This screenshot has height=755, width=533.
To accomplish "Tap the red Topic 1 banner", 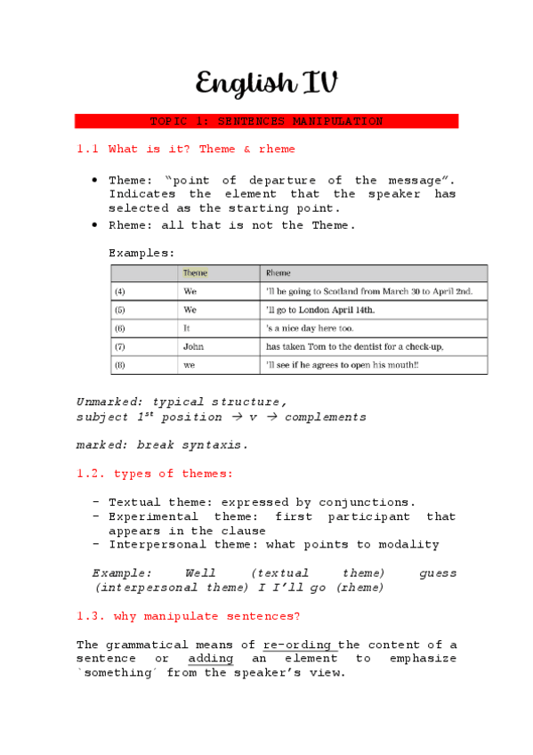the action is [x=266, y=121].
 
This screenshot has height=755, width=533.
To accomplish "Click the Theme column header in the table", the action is [x=195, y=273].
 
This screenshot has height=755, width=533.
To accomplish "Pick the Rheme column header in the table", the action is [x=279, y=273].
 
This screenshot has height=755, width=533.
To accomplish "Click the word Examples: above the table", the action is [x=141, y=253].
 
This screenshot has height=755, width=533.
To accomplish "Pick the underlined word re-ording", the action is [x=298, y=645].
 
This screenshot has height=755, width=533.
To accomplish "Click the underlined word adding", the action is [x=211, y=659].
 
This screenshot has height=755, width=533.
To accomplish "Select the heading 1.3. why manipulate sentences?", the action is [x=189, y=616].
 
